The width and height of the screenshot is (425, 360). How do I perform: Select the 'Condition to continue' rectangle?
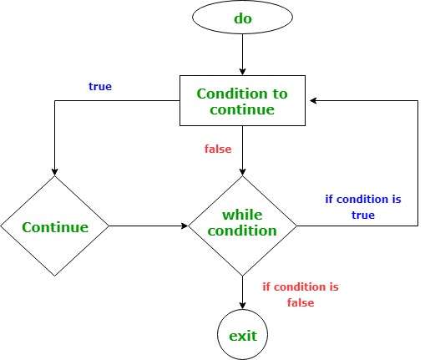[x=241, y=100]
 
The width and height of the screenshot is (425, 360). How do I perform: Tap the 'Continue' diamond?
[x=55, y=226]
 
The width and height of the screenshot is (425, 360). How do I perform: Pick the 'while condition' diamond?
[x=242, y=226]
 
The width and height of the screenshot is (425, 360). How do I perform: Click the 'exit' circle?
[x=242, y=336]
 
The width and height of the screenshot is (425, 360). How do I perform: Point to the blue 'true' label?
[x=100, y=86]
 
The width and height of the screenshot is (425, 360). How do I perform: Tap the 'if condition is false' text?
[x=301, y=295]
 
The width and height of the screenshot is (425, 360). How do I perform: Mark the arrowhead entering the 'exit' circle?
[x=242, y=307]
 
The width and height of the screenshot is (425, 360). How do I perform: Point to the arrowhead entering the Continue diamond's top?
[x=55, y=170]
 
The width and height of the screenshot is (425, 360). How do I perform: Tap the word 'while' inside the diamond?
[x=242, y=216]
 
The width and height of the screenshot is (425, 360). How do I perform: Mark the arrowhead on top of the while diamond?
[x=242, y=171]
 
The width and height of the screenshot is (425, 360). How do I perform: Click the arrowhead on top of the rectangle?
[x=241, y=71]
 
